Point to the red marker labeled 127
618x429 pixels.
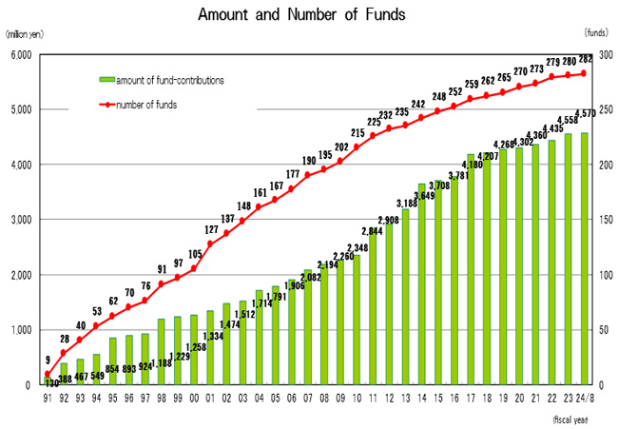click(210, 244)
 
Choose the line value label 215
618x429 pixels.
click(357, 135)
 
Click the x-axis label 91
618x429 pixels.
click(47, 397)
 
